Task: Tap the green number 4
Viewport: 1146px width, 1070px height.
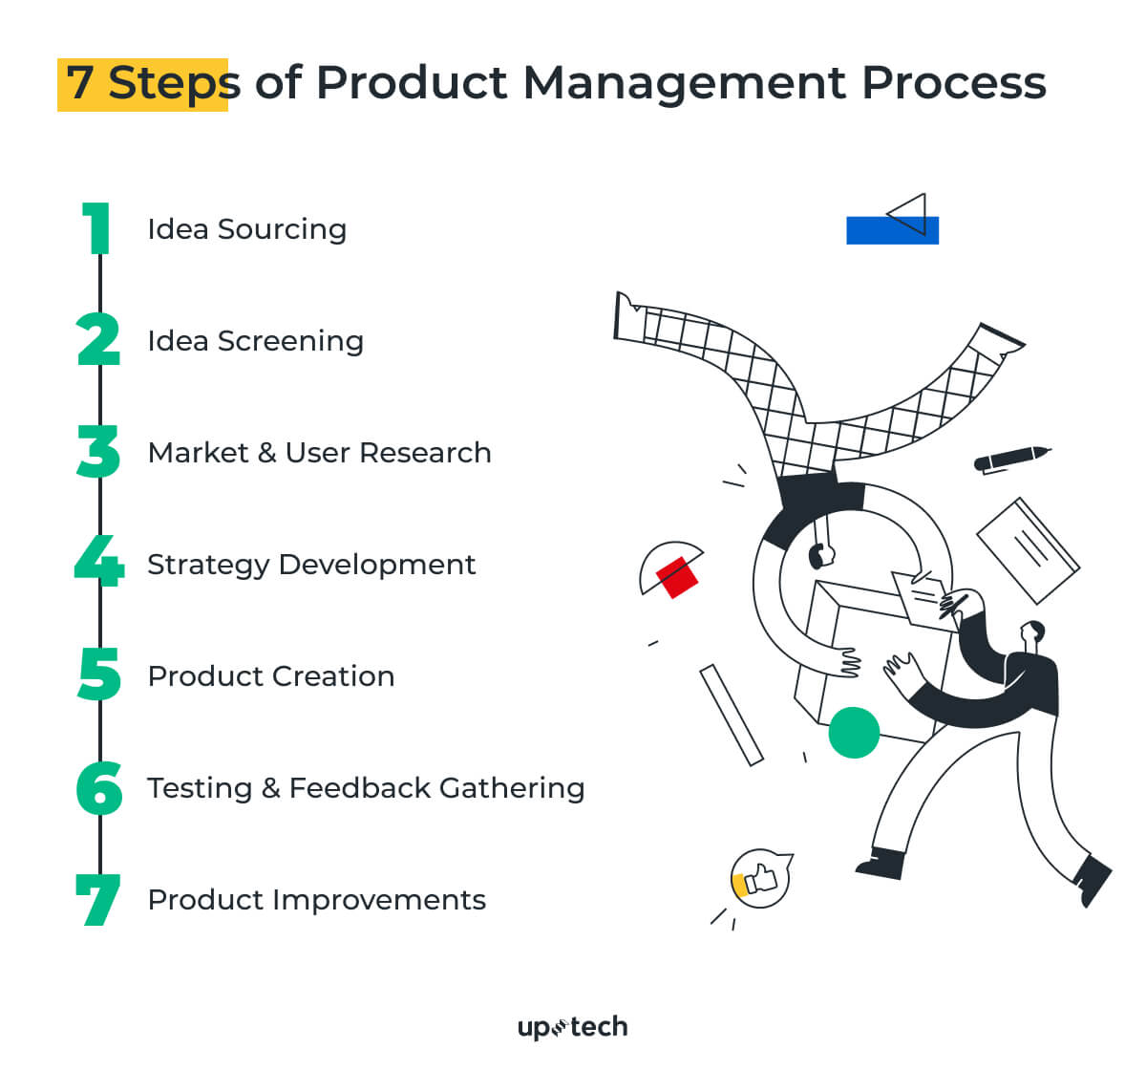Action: point(99,562)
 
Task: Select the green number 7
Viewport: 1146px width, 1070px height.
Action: point(98,899)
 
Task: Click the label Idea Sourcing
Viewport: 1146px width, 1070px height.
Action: point(246,229)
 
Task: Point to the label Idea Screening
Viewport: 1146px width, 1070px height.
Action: point(255,341)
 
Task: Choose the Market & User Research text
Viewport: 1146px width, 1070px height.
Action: point(319,453)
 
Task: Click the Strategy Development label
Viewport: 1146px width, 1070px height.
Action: point(310,565)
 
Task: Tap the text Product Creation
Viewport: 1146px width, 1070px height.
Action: point(270,676)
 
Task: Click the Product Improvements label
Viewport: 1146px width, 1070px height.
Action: point(316,900)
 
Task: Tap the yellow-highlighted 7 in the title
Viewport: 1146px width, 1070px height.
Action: point(80,84)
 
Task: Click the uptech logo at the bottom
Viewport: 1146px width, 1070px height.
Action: point(572,1027)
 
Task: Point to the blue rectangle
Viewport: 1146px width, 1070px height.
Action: point(892,230)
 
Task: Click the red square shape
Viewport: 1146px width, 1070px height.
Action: point(676,576)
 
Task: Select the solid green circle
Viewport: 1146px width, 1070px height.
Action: point(854,733)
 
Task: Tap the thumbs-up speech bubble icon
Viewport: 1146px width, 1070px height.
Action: point(760,878)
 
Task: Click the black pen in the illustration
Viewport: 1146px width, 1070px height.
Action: point(1011,458)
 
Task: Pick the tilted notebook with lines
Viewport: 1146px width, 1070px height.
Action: point(1028,549)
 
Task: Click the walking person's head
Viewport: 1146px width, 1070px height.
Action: point(1032,632)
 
